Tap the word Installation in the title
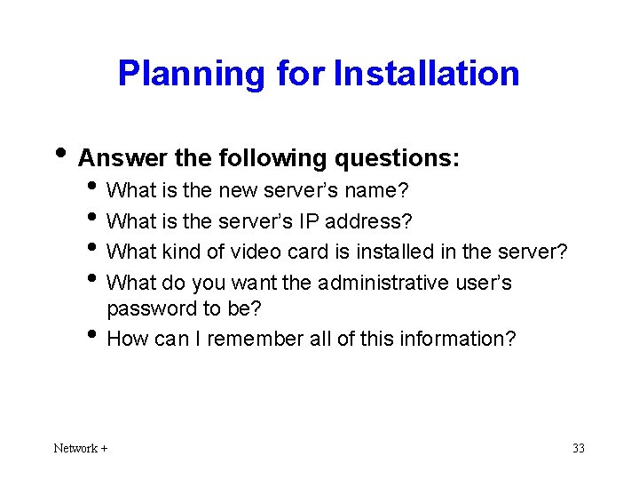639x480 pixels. [427, 74]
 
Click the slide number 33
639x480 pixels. [579, 448]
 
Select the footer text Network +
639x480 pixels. [81, 448]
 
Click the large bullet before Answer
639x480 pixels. [61, 155]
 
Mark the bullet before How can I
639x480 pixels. [95, 336]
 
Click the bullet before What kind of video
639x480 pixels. [95, 249]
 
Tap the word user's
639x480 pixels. [483, 283]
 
